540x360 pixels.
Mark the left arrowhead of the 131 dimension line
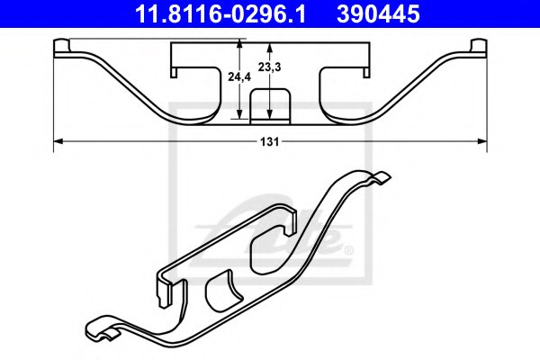coord(58,140)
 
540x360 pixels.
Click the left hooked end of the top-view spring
coord(63,47)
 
